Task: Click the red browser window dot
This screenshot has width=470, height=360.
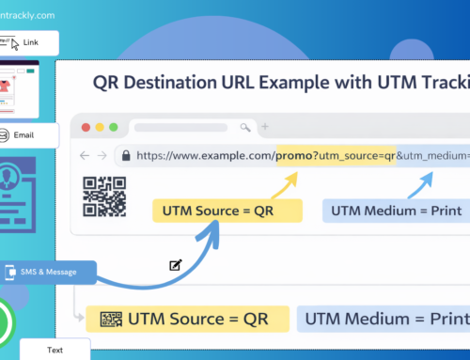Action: [87, 127]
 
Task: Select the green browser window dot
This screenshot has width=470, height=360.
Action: [115, 127]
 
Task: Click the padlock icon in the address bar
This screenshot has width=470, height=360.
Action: [124, 155]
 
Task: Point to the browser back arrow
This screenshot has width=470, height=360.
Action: [85, 155]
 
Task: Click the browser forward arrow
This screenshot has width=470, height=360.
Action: [102, 155]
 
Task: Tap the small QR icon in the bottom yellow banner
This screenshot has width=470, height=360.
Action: [112, 318]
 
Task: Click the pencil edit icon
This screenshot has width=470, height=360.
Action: [175, 265]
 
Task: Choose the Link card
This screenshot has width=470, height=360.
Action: [29, 43]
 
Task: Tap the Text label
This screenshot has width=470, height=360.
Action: [54, 349]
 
